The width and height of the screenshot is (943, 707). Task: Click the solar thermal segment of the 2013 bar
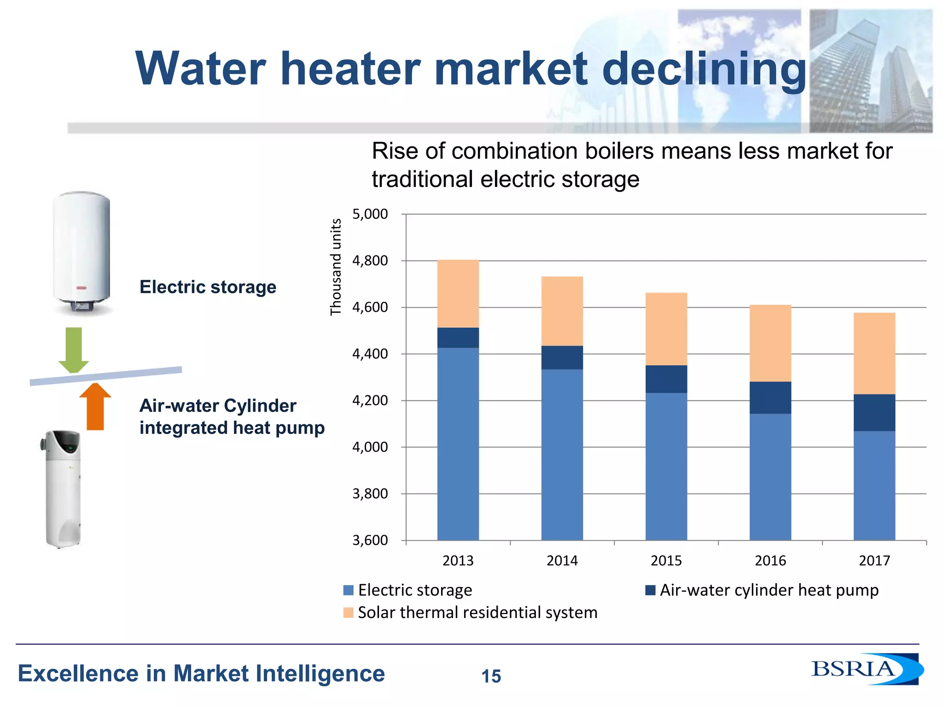tap(458, 294)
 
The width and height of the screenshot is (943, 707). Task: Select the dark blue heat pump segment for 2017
tap(874, 412)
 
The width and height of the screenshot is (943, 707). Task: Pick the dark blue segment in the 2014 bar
tap(562, 358)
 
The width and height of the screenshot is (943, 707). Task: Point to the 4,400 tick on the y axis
tap(370, 354)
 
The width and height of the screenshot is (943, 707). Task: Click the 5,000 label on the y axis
tap(370, 214)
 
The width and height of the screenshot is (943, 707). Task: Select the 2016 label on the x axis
tap(770, 561)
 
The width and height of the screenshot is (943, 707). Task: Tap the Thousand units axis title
tap(336, 267)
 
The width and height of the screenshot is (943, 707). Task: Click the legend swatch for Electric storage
tap(348, 590)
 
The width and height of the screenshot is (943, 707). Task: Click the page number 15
tap(491, 676)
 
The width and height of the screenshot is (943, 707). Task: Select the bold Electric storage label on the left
tap(208, 287)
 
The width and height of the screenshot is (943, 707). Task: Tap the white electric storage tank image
tap(82, 253)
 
